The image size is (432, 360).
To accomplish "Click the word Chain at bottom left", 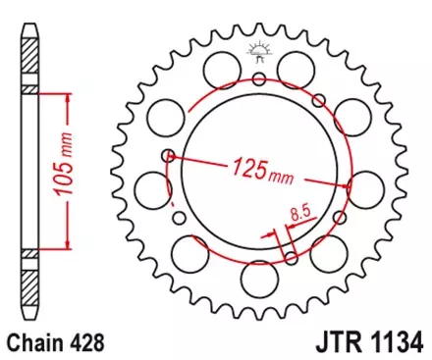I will tap(32, 343).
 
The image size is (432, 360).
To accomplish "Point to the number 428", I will tap(86, 343).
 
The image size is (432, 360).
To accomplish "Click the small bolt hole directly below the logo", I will tap(260, 79).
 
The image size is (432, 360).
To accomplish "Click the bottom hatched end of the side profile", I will tap(31, 284).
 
